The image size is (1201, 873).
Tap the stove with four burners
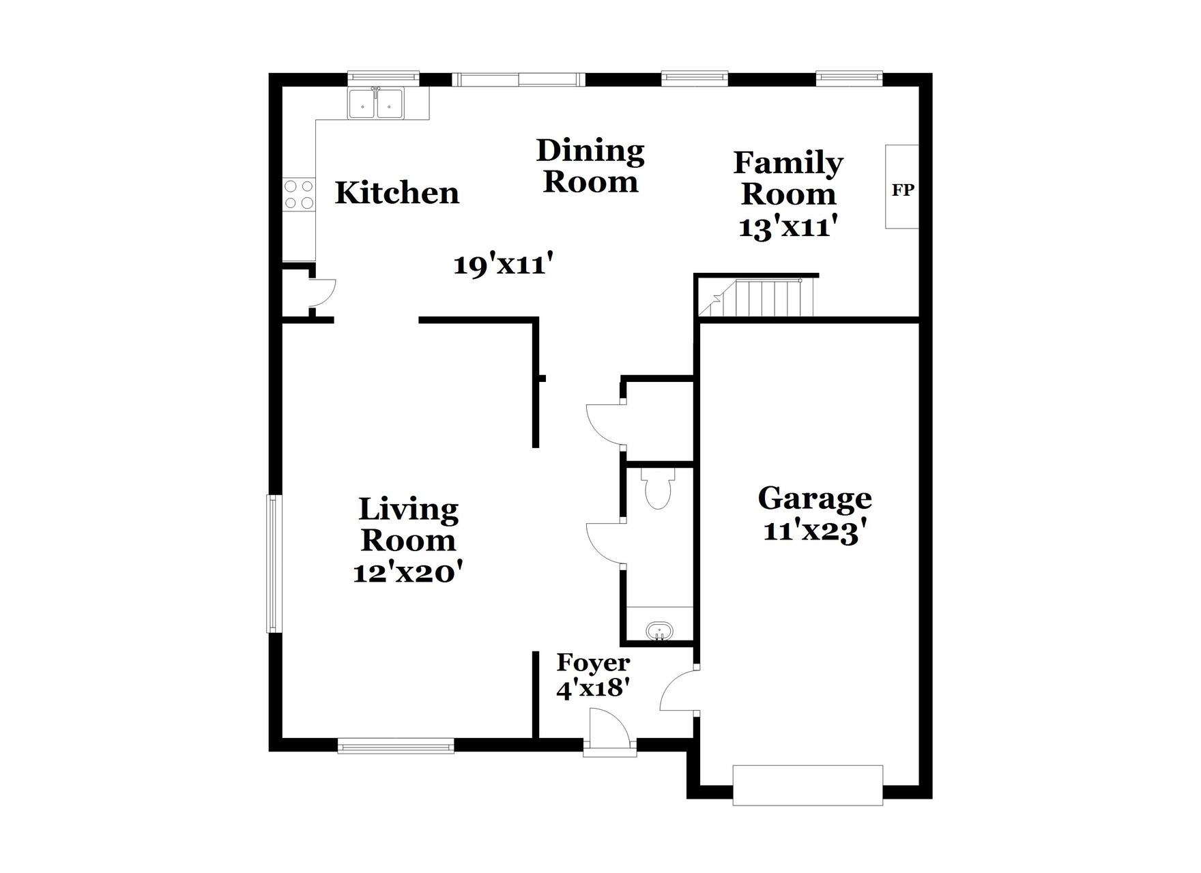click(x=299, y=194)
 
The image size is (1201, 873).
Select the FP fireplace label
click(x=902, y=190)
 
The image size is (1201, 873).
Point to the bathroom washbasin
click(x=659, y=630)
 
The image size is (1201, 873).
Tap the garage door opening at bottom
click(x=807, y=785)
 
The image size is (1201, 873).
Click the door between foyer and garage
click(x=679, y=690)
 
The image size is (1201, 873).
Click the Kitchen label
click(x=396, y=193)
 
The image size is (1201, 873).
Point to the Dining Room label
click(x=590, y=166)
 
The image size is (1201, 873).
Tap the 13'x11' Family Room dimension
click(x=787, y=226)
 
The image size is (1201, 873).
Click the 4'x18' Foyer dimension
click(x=592, y=688)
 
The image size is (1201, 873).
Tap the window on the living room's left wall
click(x=274, y=563)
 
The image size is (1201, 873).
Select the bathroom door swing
click(x=605, y=542)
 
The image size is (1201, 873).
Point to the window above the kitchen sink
click(x=383, y=76)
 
